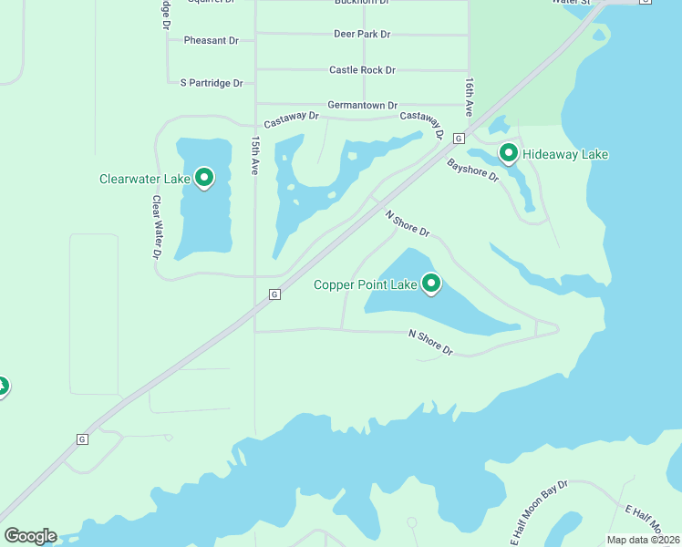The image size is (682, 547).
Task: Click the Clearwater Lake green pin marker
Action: pyautogui.click(x=204, y=178)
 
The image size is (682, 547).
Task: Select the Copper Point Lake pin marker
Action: pyautogui.click(x=430, y=284)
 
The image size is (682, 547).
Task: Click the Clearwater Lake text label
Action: pyautogui.click(x=144, y=179)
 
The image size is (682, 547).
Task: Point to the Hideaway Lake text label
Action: pyautogui.click(x=564, y=154)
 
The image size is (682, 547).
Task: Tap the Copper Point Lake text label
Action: pyautogui.click(x=365, y=284)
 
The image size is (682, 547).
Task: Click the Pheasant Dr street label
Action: pyautogui.click(x=211, y=41)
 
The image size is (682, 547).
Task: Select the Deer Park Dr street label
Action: pyautogui.click(x=362, y=35)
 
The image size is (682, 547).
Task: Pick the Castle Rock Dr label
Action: pyautogui.click(x=362, y=70)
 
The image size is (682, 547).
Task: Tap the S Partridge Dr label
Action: pyautogui.click(x=212, y=83)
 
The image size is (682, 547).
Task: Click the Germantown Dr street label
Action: pyautogui.click(x=362, y=106)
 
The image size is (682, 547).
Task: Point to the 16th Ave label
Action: pyautogui.click(x=469, y=96)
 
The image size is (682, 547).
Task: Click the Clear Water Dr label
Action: pyautogui.click(x=156, y=227)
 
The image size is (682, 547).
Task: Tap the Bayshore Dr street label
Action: pyautogui.click(x=472, y=170)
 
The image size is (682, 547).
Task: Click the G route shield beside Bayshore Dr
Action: pyautogui.click(x=458, y=139)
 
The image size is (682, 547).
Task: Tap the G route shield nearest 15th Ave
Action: pyautogui.click(x=274, y=294)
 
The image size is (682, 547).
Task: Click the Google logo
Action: pyautogui.click(x=30, y=536)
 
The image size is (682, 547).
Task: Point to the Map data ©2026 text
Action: pyautogui.click(x=643, y=540)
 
